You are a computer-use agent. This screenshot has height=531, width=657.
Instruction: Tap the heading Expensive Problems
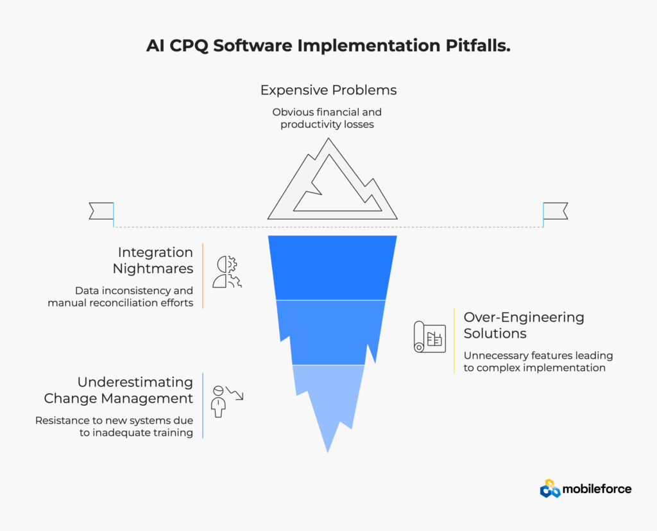click(x=328, y=90)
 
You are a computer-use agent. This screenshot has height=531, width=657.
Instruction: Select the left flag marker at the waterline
click(x=101, y=211)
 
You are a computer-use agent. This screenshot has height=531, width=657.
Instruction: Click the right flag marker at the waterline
click(x=555, y=211)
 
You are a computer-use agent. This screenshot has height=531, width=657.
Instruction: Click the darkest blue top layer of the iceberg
click(x=332, y=268)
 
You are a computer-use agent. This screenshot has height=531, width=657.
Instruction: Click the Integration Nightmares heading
click(x=153, y=261)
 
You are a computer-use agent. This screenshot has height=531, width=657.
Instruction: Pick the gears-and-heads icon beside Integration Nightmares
click(x=227, y=272)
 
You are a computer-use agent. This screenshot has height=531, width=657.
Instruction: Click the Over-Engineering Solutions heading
click(x=524, y=325)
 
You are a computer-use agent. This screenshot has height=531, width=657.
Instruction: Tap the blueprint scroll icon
click(x=429, y=337)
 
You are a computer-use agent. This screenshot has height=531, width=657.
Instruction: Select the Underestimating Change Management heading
click(x=119, y=390)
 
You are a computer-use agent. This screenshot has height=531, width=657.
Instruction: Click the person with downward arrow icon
click(x=227, y=401)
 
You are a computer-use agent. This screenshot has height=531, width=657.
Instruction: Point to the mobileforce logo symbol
click(x=550, y=489)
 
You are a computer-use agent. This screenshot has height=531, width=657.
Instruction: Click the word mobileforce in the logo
click(x=597, y=489)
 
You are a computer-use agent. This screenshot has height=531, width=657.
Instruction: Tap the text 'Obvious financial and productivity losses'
click(x=327, y=118)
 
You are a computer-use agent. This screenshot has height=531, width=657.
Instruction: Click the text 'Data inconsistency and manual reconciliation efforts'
click(x=120, y=297)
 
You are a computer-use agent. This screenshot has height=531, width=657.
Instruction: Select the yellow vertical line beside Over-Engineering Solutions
click(x=454, y=340)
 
